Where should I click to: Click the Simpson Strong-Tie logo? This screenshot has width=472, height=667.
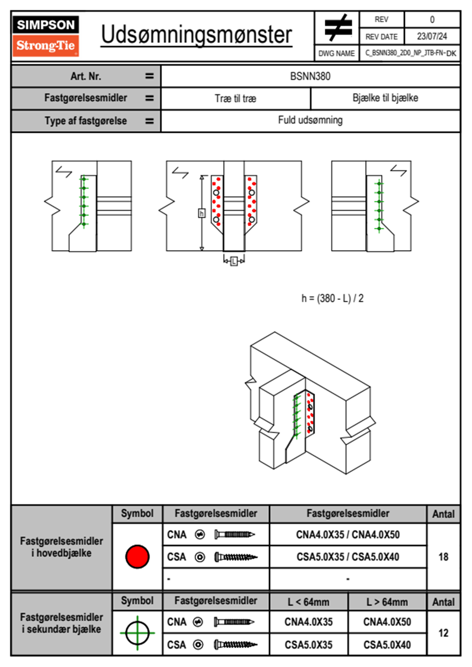[x=45, y=36]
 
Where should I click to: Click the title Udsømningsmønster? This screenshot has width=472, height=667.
[x=196, y=35]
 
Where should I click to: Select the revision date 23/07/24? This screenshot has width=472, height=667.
[x=432, y=36]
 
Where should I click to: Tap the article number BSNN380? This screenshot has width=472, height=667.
[x=310, y=76]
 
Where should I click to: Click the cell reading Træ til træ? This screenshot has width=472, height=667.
[x=236, y=98]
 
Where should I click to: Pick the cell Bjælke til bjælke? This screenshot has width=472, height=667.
[x=385, y=98]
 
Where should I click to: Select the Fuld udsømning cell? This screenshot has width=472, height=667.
[x=310, y=120]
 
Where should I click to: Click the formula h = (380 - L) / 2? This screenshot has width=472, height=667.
[x=332, y=298]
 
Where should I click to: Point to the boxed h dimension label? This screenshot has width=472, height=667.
[x=201, y=213]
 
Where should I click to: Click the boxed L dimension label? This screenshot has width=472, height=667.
[x=234, y=261]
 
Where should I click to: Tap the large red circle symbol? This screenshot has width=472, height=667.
[x=137, y=556]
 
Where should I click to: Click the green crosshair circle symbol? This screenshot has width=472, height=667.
[x=137, y=633]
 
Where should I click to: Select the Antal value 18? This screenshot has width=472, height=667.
[x=443, y=557]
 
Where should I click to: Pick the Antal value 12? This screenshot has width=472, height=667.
[x=443, y=633]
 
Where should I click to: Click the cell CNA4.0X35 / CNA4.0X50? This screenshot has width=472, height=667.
[x=348, y=535]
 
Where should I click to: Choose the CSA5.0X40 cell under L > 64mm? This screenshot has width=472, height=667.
[x=387, y=645]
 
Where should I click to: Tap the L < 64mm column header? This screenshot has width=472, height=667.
[x=309, y=602]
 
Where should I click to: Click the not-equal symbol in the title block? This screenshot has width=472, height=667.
[x=337, y=28]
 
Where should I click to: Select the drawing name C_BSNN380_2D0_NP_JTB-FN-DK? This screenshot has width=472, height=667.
[x=410, y=53]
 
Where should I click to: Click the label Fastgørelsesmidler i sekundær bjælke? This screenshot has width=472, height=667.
[x=61, y=623]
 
